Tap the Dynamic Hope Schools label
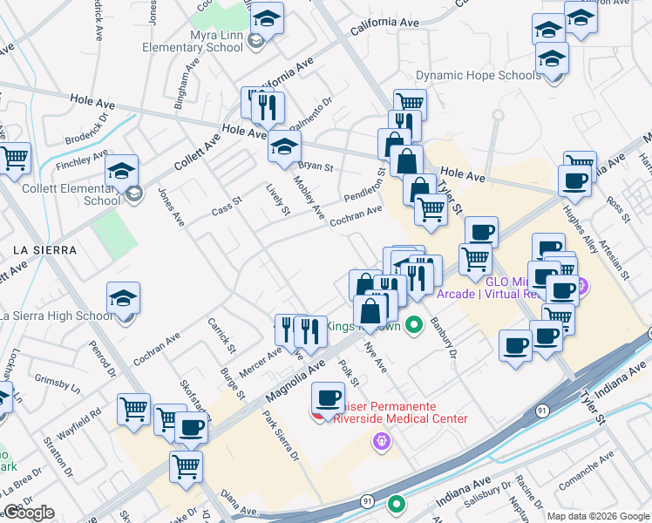478,76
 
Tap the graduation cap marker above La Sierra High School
123,299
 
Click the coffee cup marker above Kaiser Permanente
328,398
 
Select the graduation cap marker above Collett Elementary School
121,171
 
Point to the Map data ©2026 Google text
597,516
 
